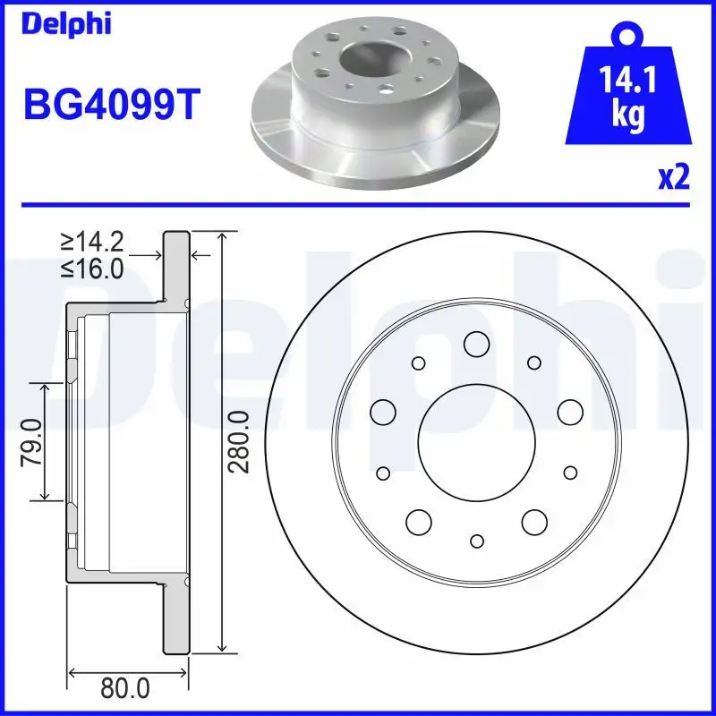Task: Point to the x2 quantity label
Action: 673,178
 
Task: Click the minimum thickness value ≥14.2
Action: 91,241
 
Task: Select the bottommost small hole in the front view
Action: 476,540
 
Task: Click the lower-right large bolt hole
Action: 534,521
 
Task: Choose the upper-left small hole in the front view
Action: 418,362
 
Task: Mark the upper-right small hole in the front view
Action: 534,362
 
